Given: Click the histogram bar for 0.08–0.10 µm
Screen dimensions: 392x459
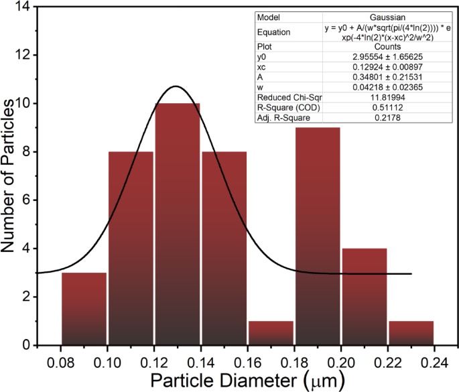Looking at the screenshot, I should pos(84,308).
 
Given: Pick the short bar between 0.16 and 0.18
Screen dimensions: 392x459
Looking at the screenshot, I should pos(271,333).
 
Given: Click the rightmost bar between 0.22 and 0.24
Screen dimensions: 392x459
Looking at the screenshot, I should pos(411,333).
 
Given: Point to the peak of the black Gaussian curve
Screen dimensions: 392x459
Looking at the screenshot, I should pos(176,86).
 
